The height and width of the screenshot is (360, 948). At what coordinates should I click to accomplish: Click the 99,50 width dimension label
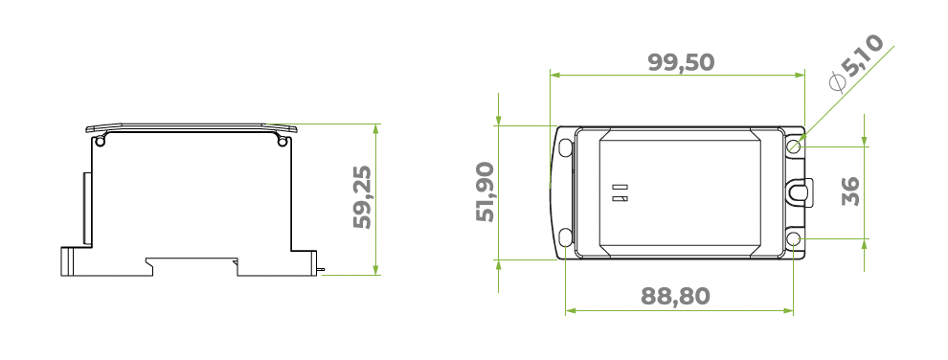click(x=681, y=63)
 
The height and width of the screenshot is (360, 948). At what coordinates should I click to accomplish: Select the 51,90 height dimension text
click(x=485, y=192)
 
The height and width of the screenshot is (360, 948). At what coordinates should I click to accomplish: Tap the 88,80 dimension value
click(x=675, y=296)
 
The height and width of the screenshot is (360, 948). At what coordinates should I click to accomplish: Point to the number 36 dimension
click(x=850, y=191)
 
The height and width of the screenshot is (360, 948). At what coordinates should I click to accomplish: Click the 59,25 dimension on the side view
click(x=363, y=198)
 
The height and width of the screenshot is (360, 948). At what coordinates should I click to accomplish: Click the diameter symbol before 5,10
click(x=837, y=82)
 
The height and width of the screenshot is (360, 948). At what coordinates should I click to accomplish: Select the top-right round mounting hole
click(x=794, y=146)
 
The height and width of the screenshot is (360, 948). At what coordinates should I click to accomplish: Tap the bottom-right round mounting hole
click(x=794, y=240)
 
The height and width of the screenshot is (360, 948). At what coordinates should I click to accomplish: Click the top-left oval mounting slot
click(x=565, y=147)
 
